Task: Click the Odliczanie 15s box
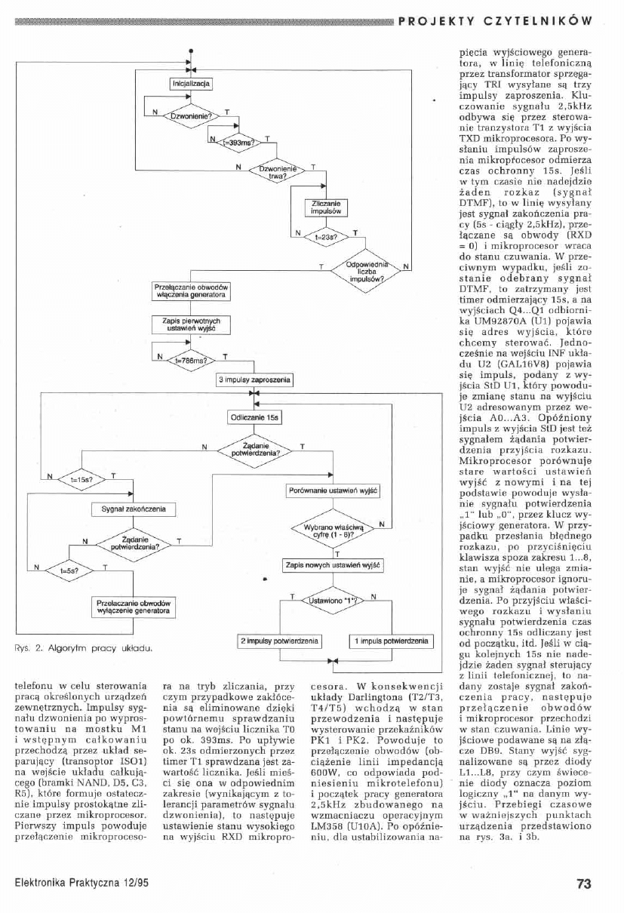pyautogui.click(x=254, y=417)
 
